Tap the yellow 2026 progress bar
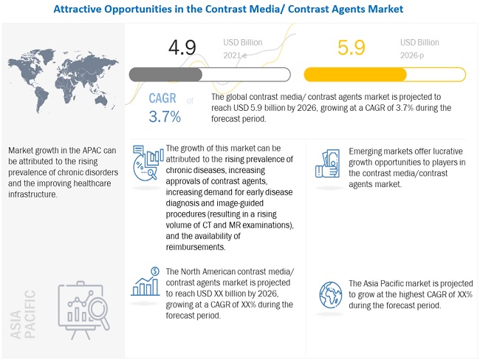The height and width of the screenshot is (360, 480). click(385, 75)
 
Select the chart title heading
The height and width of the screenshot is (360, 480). click(240, 10)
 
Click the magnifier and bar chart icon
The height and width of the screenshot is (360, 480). click(147, 161)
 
